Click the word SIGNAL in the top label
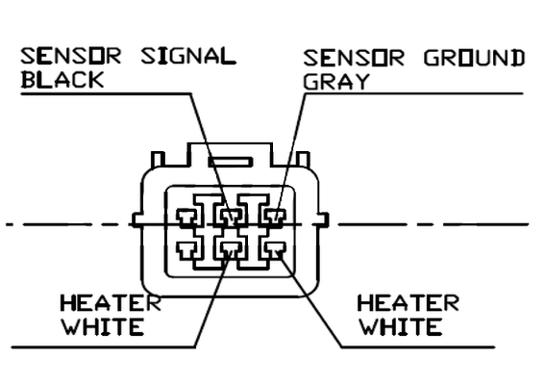(x=188, y=57)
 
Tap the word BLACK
(x=62, y=79)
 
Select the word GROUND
(x=474, y=58)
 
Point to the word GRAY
(x=336, y=82)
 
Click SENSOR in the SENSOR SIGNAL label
(x=71, y=56)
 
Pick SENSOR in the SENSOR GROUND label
(x=354, y=58)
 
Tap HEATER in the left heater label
(x=111, y=303)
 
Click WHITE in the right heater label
(x=400, y=327)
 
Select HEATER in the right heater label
(x=409, y=303)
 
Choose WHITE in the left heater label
(x=103, y=327)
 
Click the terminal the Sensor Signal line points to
(x=231, y=218)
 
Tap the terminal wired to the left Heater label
(x=231, y=250)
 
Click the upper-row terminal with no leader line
(x=187, y=218)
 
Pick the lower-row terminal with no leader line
(x=187, y=250)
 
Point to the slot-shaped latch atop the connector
(x=231, y=162)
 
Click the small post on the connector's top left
(x=158, y=159)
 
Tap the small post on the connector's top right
(x=303, y=159)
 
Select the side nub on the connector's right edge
(x=324, y=220)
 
